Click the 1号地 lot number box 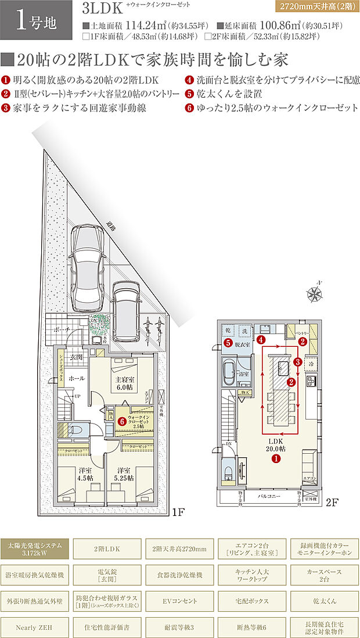click(x=35, y=24)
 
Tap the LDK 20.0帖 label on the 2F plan click(x=275, y=446)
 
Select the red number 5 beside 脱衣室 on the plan click(x=229, y=343)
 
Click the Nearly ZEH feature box click(x=35, y=627)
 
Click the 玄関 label click(x=76, y=357)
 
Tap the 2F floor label click(x=332, y=501)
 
